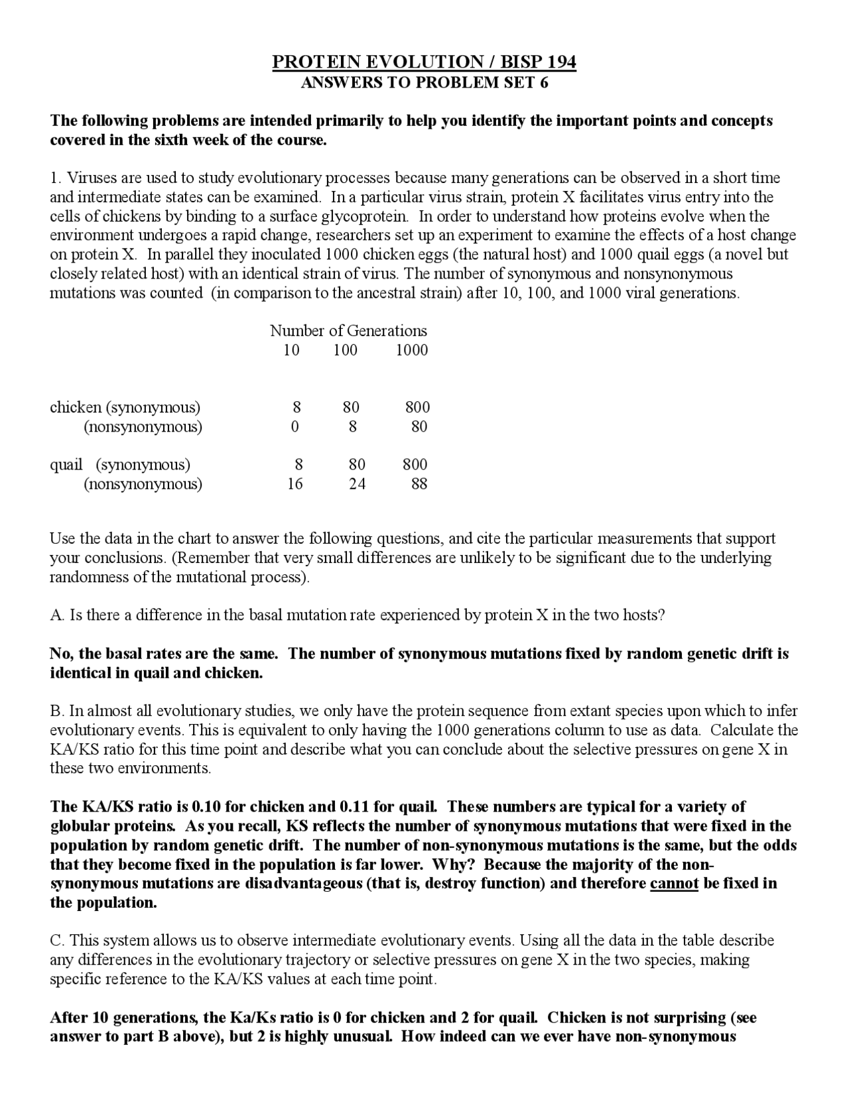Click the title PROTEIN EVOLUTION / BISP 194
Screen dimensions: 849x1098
click(424, 62)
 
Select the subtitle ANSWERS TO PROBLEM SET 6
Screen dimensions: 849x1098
click(424, 83)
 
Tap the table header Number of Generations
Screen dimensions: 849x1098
click(348, 331)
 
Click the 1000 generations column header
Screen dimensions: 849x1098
click(412, 350)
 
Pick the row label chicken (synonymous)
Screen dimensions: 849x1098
click(125, 407)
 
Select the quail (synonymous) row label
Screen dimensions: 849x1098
click(120, 464)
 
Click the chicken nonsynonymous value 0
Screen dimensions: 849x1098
click(294, 426)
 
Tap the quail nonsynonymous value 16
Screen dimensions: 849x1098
click(294, 484)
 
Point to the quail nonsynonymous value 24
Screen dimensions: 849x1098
click(357, 484)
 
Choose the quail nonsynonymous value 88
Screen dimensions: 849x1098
click(419, 484)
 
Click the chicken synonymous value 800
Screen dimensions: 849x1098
click(417, 407)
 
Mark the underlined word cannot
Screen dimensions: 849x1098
click(674, 884)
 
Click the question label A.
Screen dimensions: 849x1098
click(56, 615)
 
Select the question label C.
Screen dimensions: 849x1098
click(56, 941)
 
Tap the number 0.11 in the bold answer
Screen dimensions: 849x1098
click(354, 807)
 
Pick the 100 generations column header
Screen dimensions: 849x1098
click(345, 350)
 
